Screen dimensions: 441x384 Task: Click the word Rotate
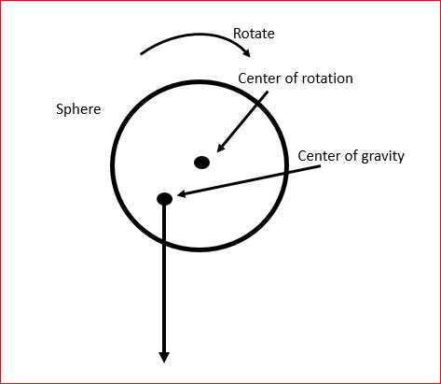[254, 34]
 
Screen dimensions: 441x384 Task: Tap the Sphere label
[78, 109]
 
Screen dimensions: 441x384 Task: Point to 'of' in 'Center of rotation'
[291, 78]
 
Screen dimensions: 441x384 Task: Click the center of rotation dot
[202, 163]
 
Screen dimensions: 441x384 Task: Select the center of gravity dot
[165, 199]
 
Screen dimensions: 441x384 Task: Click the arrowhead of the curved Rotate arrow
[247, 53]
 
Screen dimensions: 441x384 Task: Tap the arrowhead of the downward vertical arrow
[164, 357]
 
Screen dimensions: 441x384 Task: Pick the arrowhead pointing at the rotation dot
[220, 148]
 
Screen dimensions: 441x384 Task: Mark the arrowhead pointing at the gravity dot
[182, 194]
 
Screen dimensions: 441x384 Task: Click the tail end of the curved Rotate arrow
[141, 54]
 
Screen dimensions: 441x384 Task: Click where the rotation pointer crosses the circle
[259, 102]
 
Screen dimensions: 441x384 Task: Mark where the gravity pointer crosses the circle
[286, 174]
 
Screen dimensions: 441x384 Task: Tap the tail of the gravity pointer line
[320, 167]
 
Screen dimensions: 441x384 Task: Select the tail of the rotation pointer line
[268, 92]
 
